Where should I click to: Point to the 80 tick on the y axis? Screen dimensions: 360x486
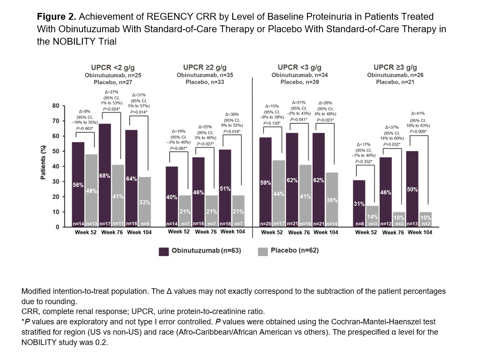(x=56, y=106)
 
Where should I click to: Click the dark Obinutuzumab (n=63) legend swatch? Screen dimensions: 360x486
(x=164, y=252)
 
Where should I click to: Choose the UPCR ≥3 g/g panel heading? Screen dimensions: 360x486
(x=395, y=67)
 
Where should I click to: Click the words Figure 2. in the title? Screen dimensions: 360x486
(x=57, y=17)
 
